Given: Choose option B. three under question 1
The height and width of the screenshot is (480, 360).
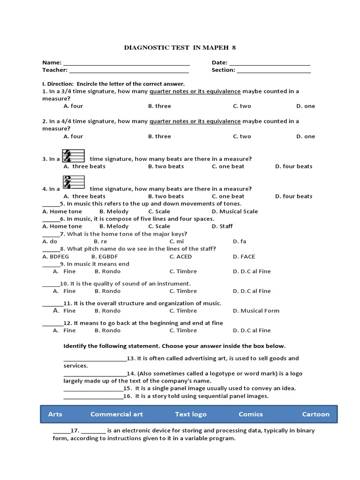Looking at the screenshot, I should [159, 106].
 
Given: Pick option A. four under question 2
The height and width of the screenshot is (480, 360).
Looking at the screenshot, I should [73, 136].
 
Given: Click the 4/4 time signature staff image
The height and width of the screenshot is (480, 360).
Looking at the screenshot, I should [73, 156].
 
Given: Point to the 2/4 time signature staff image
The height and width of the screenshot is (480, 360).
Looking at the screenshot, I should [73, 182].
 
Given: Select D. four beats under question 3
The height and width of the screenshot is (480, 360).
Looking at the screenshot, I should [293, 166].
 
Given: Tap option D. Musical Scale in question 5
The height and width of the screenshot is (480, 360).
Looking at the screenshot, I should [234, 211].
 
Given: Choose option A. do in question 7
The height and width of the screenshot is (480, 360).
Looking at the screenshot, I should [50, 241].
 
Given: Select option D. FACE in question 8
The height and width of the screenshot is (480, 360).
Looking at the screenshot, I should [244, 256].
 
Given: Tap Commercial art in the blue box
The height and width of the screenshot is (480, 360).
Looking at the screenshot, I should [117, 414].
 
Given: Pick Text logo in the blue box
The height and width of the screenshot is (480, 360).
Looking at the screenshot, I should [191, 414].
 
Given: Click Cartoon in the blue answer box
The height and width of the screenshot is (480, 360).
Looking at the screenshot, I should [315, 414].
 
